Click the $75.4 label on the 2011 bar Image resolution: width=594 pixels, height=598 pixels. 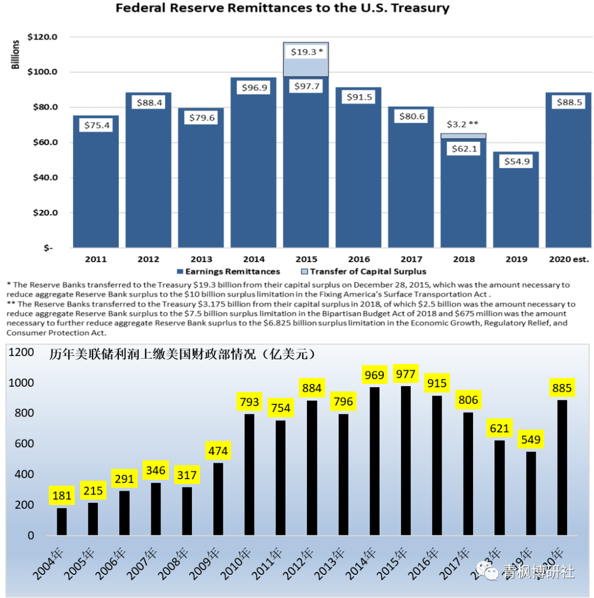[96, 125]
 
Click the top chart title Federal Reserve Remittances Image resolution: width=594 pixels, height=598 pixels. [282, 8]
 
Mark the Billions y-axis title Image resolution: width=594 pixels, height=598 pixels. [16, 54]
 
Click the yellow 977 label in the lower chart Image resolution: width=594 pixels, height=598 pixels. [406, 375]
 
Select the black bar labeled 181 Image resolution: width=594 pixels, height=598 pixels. [62, 522]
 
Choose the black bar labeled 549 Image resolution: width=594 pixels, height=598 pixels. [531, 493]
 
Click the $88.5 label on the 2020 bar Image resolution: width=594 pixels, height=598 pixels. [568, 103]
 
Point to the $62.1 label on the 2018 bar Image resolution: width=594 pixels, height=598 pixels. [463, 149]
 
